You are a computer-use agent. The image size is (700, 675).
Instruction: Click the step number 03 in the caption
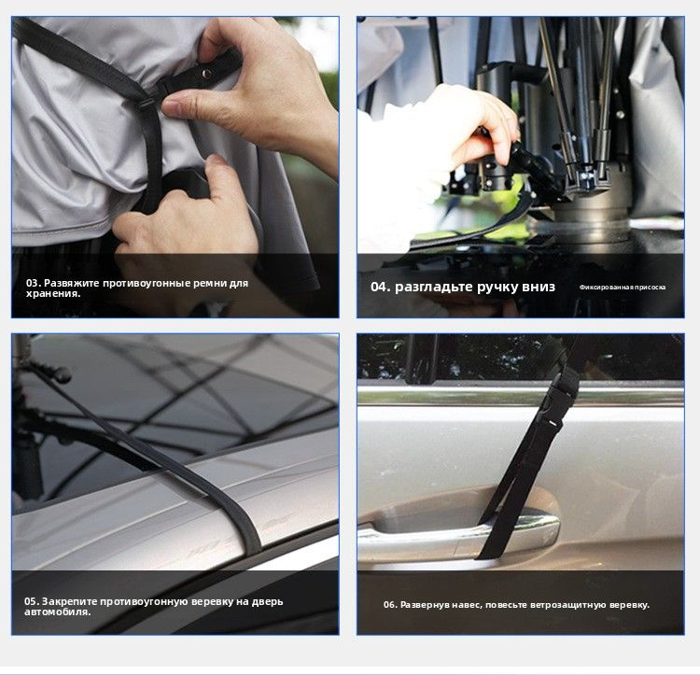pos(34,283)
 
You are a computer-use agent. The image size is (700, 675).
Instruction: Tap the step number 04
pos(381,287)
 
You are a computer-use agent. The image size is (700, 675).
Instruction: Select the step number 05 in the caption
pos(32,601)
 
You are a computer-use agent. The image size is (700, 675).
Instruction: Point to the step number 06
pos(390,605)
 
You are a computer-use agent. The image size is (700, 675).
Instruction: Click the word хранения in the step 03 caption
pos(52,294)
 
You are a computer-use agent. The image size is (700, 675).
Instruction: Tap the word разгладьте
pos(432,287)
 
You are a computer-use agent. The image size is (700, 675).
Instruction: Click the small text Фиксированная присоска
pos(623,287)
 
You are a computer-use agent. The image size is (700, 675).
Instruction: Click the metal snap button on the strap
pos(206,73)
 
